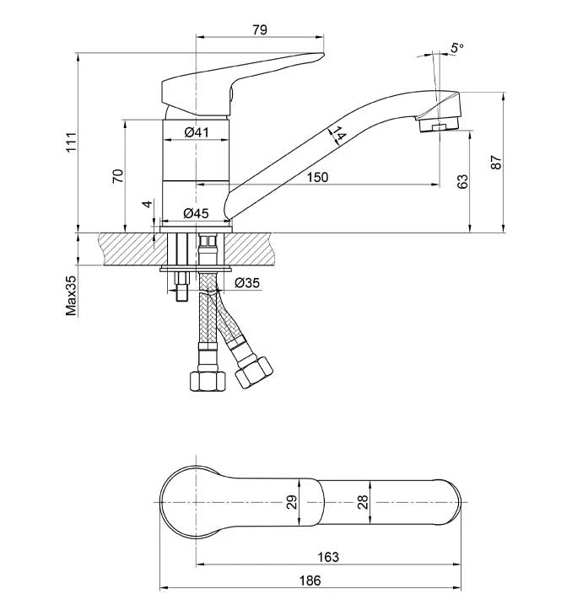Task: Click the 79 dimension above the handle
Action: [x=260, y=29]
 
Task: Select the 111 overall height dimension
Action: [x=72, y=142]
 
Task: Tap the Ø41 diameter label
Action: [x=196, y=132]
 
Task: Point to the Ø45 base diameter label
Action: [x=196, y=213]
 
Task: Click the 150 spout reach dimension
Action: [x=317, y=177]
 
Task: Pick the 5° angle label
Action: [x=457, y=48]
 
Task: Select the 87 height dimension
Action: [x=496, y=163]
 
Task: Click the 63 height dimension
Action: [x=463, y=182]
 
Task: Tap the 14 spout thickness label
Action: [x=338, y=134]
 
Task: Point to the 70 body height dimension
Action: [x=118, y=176]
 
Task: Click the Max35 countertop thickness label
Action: [x=72, y=296]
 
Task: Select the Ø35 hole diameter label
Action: [x=247, y=283]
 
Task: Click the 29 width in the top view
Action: [x=292, y=502]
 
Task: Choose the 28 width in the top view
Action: [x=363, y=502]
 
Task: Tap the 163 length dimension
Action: [x=328, y=557]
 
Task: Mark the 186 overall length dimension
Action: [x=310, y=580]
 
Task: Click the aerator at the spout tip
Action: [x=439, y=125]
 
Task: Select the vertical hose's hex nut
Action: [x=208, y=382]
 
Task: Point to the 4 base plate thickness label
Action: [x=148, y=204]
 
